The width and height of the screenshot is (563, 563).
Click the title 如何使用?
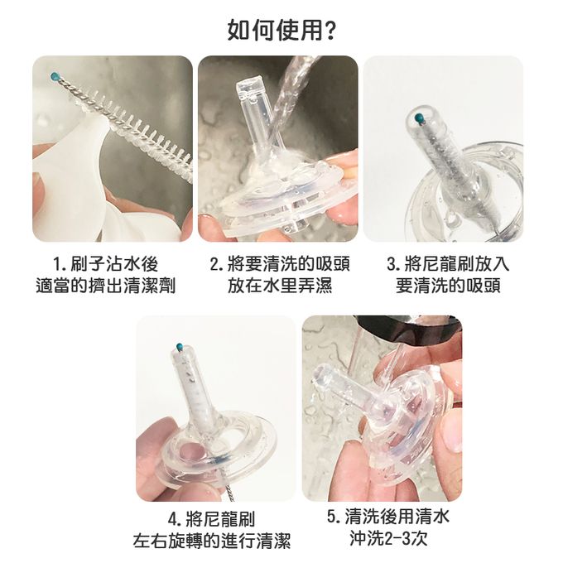tap(281, 31)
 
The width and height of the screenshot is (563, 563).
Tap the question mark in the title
tap(330, 31)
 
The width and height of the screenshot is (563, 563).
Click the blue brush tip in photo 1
tap(55, 76)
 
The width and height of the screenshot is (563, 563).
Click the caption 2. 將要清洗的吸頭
tap(279, 264)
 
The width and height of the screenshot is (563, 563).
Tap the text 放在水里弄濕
tap(279, 286)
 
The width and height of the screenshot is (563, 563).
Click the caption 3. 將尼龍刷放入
tap(448, 264)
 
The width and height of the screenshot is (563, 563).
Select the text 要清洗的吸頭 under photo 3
tap(448, 286)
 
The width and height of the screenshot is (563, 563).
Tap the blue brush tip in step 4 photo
tap(180, 346)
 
